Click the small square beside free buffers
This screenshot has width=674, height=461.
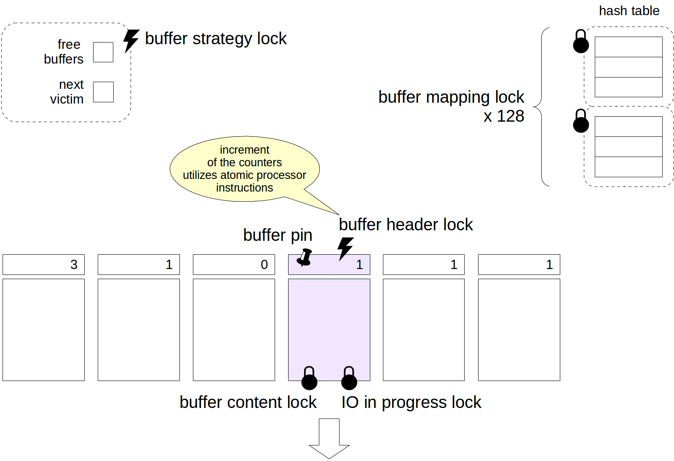point(103,52)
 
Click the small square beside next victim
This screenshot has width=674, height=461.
point(103,92)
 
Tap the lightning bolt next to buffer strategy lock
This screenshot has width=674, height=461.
point(131,40)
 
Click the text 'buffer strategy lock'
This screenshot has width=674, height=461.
point(216,39)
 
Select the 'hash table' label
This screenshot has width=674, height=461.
point(629,11)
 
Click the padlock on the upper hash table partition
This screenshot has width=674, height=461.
point(581,42)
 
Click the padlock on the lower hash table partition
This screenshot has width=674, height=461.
point(581,121)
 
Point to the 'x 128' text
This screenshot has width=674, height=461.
point(504,116)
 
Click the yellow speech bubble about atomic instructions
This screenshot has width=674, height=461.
point(244,169)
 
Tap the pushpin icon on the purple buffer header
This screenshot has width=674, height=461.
point(305,257)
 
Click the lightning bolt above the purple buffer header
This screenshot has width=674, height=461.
point(345,248)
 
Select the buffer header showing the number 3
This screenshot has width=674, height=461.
point(43,264)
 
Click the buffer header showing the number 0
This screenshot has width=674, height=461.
point(234,264)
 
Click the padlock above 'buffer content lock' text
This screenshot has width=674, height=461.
point(309,378)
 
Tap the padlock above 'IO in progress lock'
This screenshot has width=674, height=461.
point(349,378)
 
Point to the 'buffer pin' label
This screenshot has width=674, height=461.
point(278,235)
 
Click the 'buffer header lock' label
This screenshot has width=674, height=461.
point(406,225)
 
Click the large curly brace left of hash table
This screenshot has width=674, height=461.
point(541,107)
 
